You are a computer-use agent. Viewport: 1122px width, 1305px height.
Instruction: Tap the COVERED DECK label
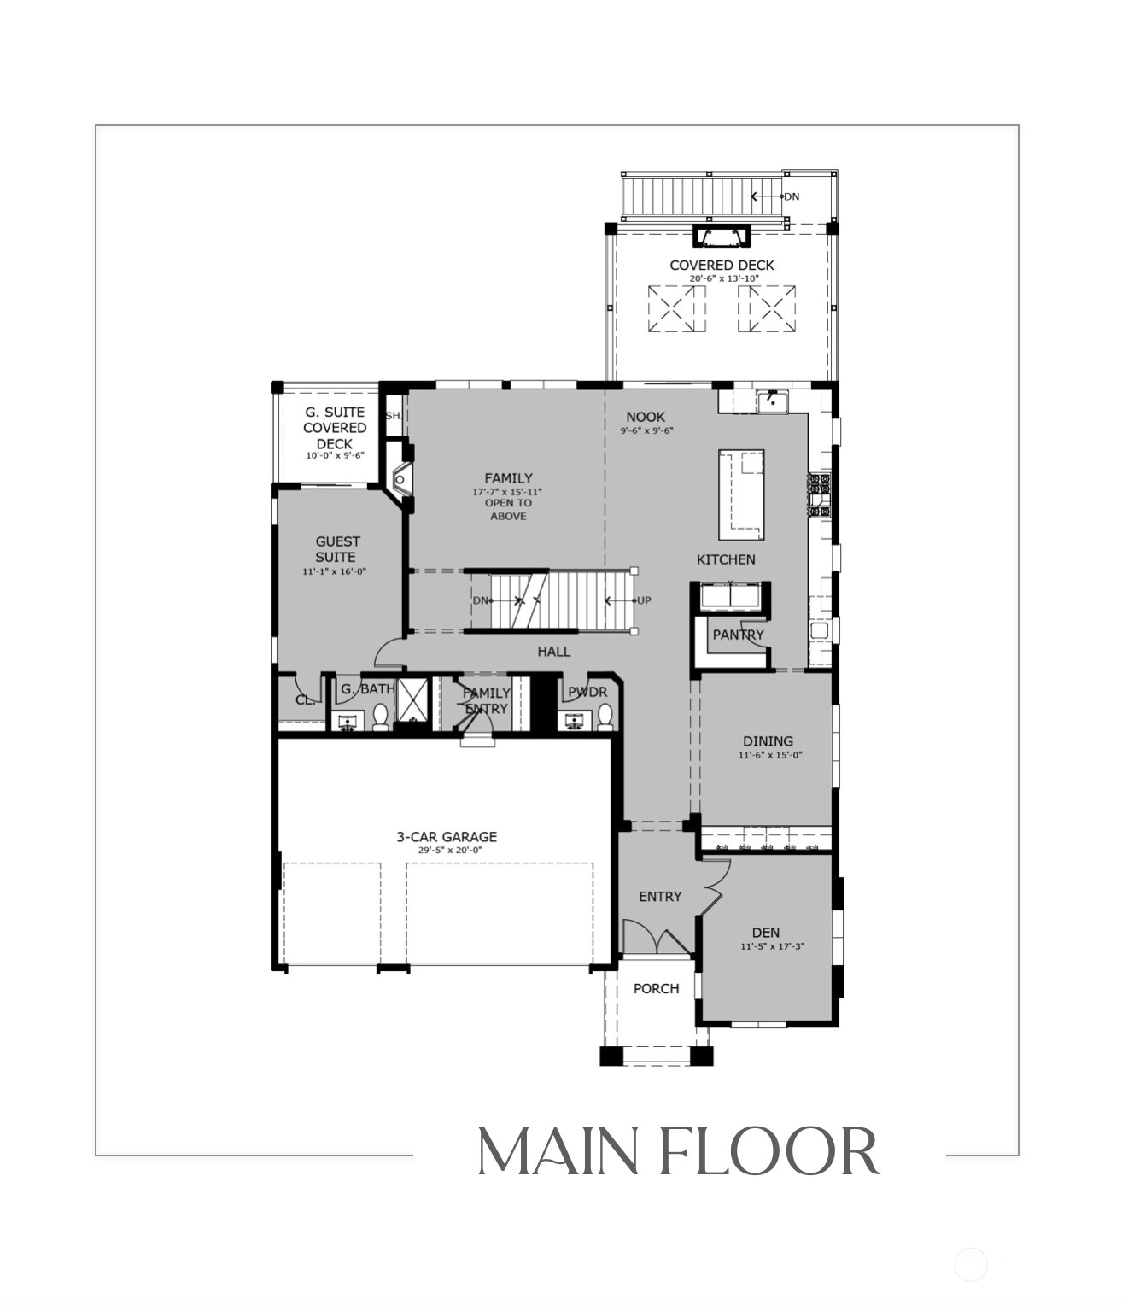point(722,265)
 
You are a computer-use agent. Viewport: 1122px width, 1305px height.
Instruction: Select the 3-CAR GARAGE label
point(447,836)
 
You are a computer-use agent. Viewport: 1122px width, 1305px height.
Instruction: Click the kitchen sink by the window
point(773,401)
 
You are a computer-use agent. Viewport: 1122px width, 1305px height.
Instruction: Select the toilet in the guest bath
point(380,717)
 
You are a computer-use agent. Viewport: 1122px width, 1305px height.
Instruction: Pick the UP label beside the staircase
point(643,600)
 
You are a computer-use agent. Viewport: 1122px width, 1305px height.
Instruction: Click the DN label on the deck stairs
point(792,196)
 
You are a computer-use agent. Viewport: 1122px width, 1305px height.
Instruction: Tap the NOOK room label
point(646,417)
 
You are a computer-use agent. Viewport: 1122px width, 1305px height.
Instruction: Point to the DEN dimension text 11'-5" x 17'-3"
point(772,946)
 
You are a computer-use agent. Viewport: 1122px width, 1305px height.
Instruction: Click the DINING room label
point(768,740)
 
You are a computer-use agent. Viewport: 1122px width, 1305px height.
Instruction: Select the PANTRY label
point(738,635)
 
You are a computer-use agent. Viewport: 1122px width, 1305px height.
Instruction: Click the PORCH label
point(656,988)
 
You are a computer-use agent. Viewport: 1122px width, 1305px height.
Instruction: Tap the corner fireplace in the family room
point(401,479)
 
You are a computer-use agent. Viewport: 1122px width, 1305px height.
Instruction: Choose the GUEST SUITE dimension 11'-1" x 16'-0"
point(334,571)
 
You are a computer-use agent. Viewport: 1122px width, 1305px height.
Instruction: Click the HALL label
point(553,652)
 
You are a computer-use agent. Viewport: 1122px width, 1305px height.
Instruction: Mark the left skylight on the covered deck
point(677,308)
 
